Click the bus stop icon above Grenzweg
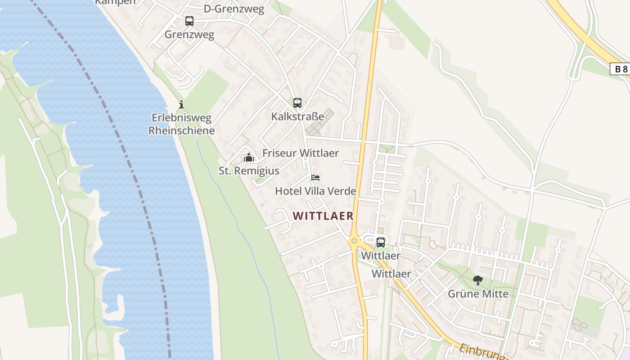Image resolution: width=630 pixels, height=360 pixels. pyautogui.click(x=189, y=21)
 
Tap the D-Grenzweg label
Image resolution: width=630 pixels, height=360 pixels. pyautogui.click(x=234, y=9)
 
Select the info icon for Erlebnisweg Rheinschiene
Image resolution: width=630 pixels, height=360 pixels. pyautogui.click(x=181, y=105)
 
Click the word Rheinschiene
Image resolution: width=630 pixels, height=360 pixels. pyautogui.click(x=181, y=130)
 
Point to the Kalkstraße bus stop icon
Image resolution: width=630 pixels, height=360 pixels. pyautogui.click(x=297, y=103)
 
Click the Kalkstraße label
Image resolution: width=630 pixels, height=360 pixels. pyautogui.click(x=297, y=117)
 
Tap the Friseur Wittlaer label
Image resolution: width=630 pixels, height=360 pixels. pyautogui.click(x=301, y=153)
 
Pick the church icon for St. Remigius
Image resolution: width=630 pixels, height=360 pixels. pyautogui.click(x=249, y=157)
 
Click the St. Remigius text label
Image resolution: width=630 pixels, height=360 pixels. pyautogui.click(x=249, y=171)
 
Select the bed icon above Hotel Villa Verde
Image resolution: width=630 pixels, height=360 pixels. pyautogui.click(x=315, y=178)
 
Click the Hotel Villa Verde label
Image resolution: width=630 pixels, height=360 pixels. pyautogui.click(x=315, y=191)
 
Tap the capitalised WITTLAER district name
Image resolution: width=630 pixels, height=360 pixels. pyautogui.click(x=323, y=216)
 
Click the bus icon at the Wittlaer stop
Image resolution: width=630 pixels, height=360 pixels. pyautogui.click(x=381, y=243)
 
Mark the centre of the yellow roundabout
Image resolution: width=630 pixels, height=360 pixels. pyautogui.click(x=354, y=241)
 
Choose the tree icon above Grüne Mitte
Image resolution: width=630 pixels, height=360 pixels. pyautogui.click(x=478, y=281)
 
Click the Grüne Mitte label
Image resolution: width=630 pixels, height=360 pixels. pyautogui.click(x=478, y=294)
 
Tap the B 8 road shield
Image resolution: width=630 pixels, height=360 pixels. pyautogui.click(x=621, y=69)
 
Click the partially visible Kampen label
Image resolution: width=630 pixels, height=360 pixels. pyautogui.click(x=115, y=2)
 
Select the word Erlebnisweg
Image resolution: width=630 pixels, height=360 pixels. pyautogui.click(x=181, y=118)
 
